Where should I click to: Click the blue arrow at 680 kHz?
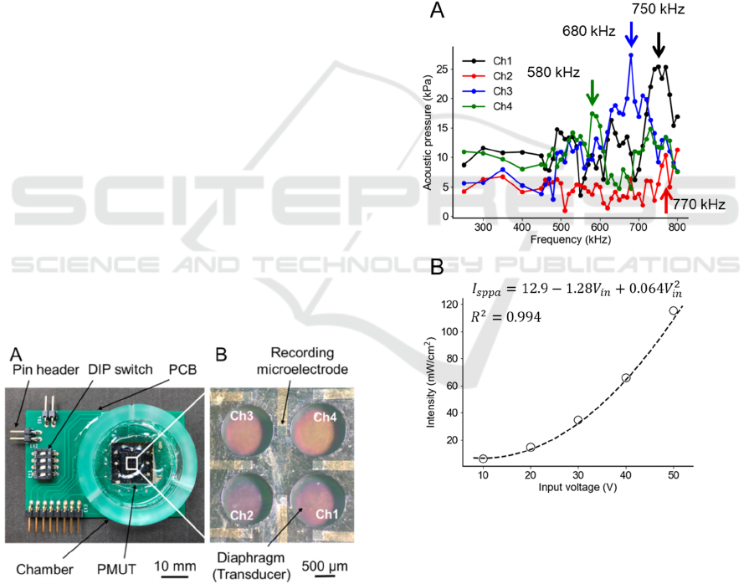point(631,35)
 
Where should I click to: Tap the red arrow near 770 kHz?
point(666,202)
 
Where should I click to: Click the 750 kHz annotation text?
point(658,10)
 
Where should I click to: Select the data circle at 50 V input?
point(673,311)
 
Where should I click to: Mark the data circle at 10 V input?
point(484,458)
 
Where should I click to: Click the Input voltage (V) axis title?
point(578,489)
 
